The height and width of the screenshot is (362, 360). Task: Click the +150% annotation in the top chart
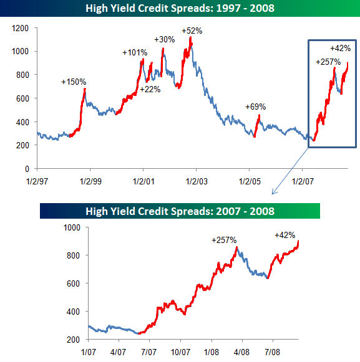tap(74, 82)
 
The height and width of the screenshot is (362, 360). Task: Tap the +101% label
tap(134, 52)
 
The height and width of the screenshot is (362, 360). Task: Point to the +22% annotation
tap(150, 89)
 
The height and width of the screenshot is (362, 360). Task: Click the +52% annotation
tap(192, 31)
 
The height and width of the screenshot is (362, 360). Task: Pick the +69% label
tap(255, 107)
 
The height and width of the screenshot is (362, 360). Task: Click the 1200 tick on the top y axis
tap(21, 28)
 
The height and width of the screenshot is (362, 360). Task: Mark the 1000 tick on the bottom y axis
tap(74, 227)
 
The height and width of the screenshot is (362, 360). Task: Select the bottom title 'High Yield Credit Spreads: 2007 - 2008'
tap(180, 211)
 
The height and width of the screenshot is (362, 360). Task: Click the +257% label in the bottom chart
tap(224, 240)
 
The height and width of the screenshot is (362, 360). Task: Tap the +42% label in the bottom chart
tap(285, 236)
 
